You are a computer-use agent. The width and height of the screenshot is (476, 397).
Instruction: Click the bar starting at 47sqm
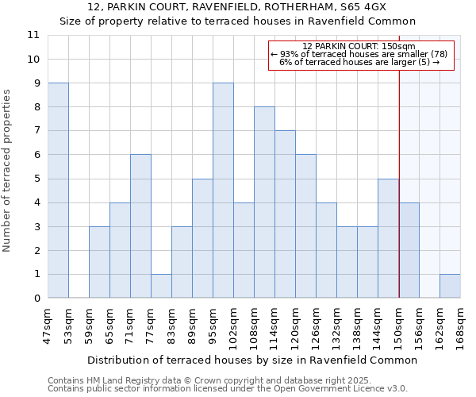pos(58,191)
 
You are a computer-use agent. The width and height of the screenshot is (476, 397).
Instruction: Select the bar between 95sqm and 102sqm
pos(223,191)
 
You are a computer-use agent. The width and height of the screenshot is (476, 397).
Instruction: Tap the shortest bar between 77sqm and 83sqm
pos(161,287)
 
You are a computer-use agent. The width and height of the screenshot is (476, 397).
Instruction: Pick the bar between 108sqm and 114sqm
pos(264,202)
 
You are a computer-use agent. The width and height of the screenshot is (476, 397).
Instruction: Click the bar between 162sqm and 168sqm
pos(450,287)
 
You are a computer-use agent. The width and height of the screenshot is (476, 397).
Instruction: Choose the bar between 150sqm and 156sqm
pos(409,251)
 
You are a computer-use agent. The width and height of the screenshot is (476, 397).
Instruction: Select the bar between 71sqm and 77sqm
pos(140,226)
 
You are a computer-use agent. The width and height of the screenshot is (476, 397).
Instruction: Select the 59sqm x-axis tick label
pos(89,323)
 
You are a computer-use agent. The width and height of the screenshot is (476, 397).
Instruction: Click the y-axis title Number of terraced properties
pos(7,171)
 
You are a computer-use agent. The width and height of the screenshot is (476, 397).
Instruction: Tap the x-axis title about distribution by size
pos(251,360)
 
